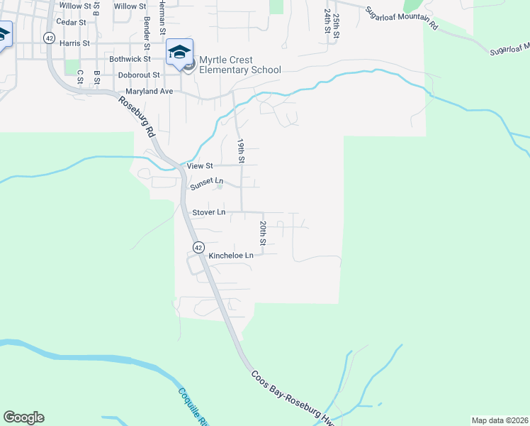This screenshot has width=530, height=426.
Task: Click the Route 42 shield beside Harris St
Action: (x=48, y=38)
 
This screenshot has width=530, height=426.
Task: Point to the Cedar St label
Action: (x=71, y=22)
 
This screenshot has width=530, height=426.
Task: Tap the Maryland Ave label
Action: (x=150, y=92)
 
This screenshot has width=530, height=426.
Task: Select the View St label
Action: (x=200, y=165)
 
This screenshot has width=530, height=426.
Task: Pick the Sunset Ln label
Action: (x=206, y=185)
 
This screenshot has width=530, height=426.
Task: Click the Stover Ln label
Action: (x=209, y=212)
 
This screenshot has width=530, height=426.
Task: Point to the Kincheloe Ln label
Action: (x=231, y=255)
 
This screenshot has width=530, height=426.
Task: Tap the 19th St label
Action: (x=241, y=151)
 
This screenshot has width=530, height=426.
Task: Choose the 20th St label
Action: (x=262, y=233)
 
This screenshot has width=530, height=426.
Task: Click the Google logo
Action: (x=23, y=417)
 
